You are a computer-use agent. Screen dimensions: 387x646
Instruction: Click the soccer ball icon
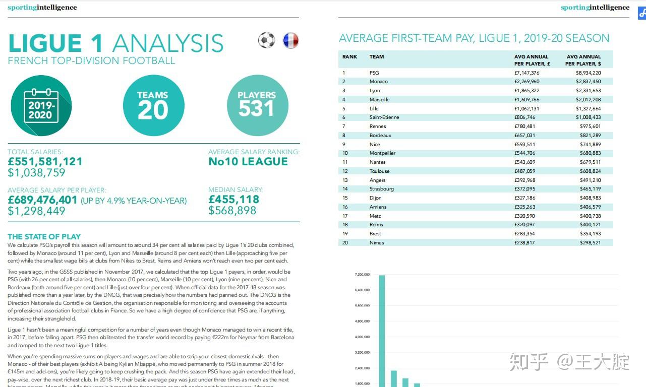(266, 40)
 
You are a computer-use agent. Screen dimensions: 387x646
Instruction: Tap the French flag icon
(290, 40)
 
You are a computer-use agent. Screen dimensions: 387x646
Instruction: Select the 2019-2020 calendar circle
(41, 105)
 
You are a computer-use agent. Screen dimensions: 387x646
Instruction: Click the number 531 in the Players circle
(257, 109)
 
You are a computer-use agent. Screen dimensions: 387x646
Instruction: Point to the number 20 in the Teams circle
(153, 110)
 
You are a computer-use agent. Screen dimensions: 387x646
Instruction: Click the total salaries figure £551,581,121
(45, 162)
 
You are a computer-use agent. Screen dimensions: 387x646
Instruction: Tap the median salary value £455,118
(233, 200)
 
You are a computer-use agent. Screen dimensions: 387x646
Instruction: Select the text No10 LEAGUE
(248, 162)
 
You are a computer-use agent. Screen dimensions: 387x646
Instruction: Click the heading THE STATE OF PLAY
(44, 236)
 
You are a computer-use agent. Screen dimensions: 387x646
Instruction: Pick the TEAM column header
(377, 57)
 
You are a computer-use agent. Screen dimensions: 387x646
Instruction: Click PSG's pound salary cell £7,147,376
(526, 73)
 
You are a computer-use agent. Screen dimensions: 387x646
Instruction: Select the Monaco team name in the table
(378, 82)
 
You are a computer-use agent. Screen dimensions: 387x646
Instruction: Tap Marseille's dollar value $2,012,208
(588, 100)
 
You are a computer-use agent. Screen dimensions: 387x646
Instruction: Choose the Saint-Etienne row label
(384, 117)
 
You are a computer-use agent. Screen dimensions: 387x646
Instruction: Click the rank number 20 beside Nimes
(345, 243)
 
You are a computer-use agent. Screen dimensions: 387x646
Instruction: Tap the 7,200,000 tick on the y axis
(363, 275)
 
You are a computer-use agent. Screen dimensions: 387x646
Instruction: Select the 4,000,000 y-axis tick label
(363, 337)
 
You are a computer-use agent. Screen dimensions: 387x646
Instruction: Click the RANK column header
(349, 57)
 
